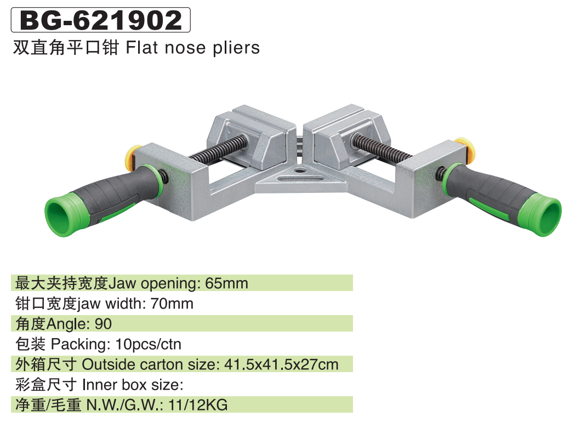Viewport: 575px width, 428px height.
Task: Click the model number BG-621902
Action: coord(101,20)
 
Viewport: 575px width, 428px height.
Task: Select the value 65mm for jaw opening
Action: coord(226,283)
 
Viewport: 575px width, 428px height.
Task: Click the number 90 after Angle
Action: coord(103,324)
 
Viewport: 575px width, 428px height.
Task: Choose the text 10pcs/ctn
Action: coord(148,344)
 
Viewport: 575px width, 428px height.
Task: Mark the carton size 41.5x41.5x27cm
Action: coord(281,364)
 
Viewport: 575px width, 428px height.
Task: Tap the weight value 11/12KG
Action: coord(198,405)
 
